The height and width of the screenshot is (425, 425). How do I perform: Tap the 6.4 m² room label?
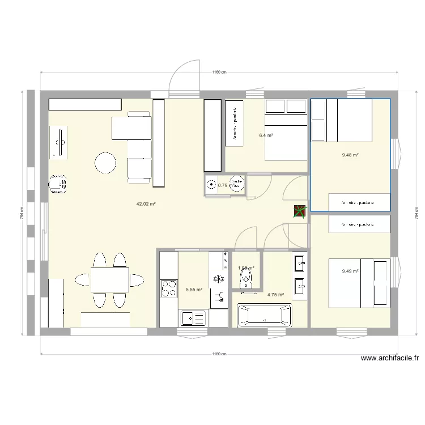click(266, 135)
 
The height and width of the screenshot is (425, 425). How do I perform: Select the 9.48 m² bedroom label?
click(350, 155)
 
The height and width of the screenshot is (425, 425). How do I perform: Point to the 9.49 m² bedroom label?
click(350, 271)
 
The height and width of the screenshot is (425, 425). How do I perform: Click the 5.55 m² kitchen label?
click(194, 290)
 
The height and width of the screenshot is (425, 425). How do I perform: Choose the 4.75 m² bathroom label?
click(275, 295)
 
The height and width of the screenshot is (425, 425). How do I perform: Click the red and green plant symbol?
click(300, 211)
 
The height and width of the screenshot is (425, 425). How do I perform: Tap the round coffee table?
click(105, 163)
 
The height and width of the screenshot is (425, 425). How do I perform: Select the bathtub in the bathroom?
click(264, 316)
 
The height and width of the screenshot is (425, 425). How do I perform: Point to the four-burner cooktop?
click(169, 288)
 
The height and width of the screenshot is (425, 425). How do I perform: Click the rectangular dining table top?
click(109, 279)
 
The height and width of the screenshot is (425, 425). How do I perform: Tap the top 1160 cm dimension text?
click(219, 72)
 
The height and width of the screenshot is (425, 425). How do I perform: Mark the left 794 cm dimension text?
click(21, 212)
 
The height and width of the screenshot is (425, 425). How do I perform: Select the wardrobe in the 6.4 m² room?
click(235, 126)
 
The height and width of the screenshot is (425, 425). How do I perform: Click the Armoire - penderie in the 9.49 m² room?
click(359, 224)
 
